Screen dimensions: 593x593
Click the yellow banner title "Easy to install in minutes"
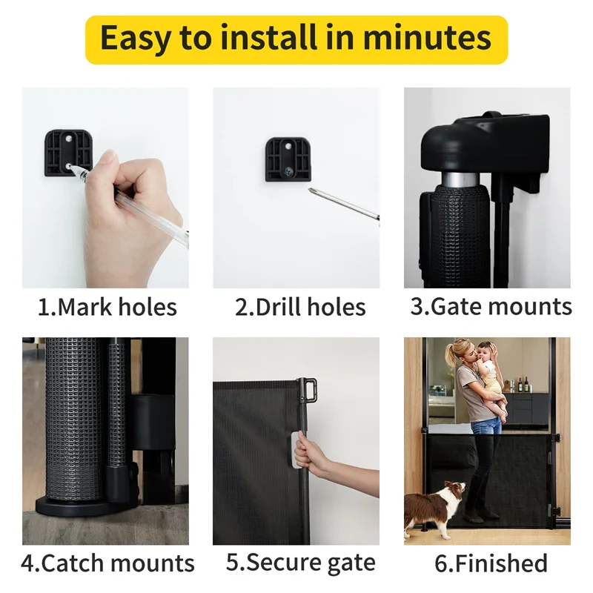click(296, 39)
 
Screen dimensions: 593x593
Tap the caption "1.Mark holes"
click(107, 307)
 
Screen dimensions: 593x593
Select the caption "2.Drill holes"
click(300, 307)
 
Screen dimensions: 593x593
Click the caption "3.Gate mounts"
click(491, 307)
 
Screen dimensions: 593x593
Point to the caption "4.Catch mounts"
click(107, 563)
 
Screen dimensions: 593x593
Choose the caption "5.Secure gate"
click(300, 563)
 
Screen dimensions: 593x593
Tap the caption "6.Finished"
click(491, 563)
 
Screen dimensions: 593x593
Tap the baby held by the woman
click(489, 374)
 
